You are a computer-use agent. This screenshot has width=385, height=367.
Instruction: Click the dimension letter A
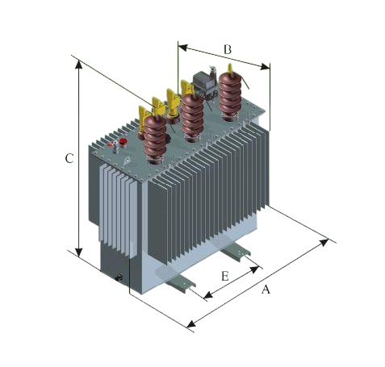[266, 290]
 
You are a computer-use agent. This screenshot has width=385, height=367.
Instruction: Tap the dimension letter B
[228, 49]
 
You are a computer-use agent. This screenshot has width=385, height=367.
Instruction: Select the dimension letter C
[69, 158]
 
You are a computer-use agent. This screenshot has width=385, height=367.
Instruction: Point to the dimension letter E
[225, 276]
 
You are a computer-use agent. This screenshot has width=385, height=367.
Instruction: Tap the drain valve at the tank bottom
[119, 277]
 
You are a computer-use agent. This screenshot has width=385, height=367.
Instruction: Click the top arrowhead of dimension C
[78, 65]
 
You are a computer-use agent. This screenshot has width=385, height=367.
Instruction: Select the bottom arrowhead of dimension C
[78, 252]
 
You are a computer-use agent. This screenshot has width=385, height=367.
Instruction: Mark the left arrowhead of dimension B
[182, 48]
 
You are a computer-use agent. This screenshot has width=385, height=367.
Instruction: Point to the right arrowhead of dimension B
[265, 67]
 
